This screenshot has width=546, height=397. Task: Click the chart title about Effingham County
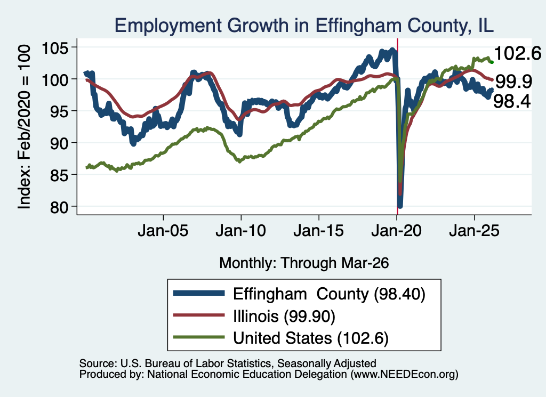point(304,26)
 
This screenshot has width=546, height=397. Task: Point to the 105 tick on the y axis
point(55,47)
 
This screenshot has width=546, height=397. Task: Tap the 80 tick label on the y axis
point(59,207)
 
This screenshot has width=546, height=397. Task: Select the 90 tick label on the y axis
point(59,143)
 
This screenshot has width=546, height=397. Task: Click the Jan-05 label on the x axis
point(163,231)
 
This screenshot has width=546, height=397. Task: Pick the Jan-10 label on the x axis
point(240,231)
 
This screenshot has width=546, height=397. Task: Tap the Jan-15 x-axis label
point(319,231)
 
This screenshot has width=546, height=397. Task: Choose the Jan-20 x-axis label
point(397,231)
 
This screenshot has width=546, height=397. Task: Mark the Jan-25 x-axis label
point(474,231)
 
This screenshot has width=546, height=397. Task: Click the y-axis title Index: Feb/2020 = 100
point(24,127)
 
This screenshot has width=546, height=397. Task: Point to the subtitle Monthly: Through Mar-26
point(304,263)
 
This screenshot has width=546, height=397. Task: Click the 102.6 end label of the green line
point(517,53)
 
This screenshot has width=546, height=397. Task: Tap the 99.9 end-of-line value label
point(513,82)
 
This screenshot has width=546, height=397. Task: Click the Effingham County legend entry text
point(329,294)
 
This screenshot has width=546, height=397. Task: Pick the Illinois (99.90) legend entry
point(284,317)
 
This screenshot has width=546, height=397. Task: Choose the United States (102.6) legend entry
point(311,338)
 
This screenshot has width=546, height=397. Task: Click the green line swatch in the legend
point(199,337)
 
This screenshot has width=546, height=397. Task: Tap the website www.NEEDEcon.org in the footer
point(404,374)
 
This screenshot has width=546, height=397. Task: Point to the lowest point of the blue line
point(400,206)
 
